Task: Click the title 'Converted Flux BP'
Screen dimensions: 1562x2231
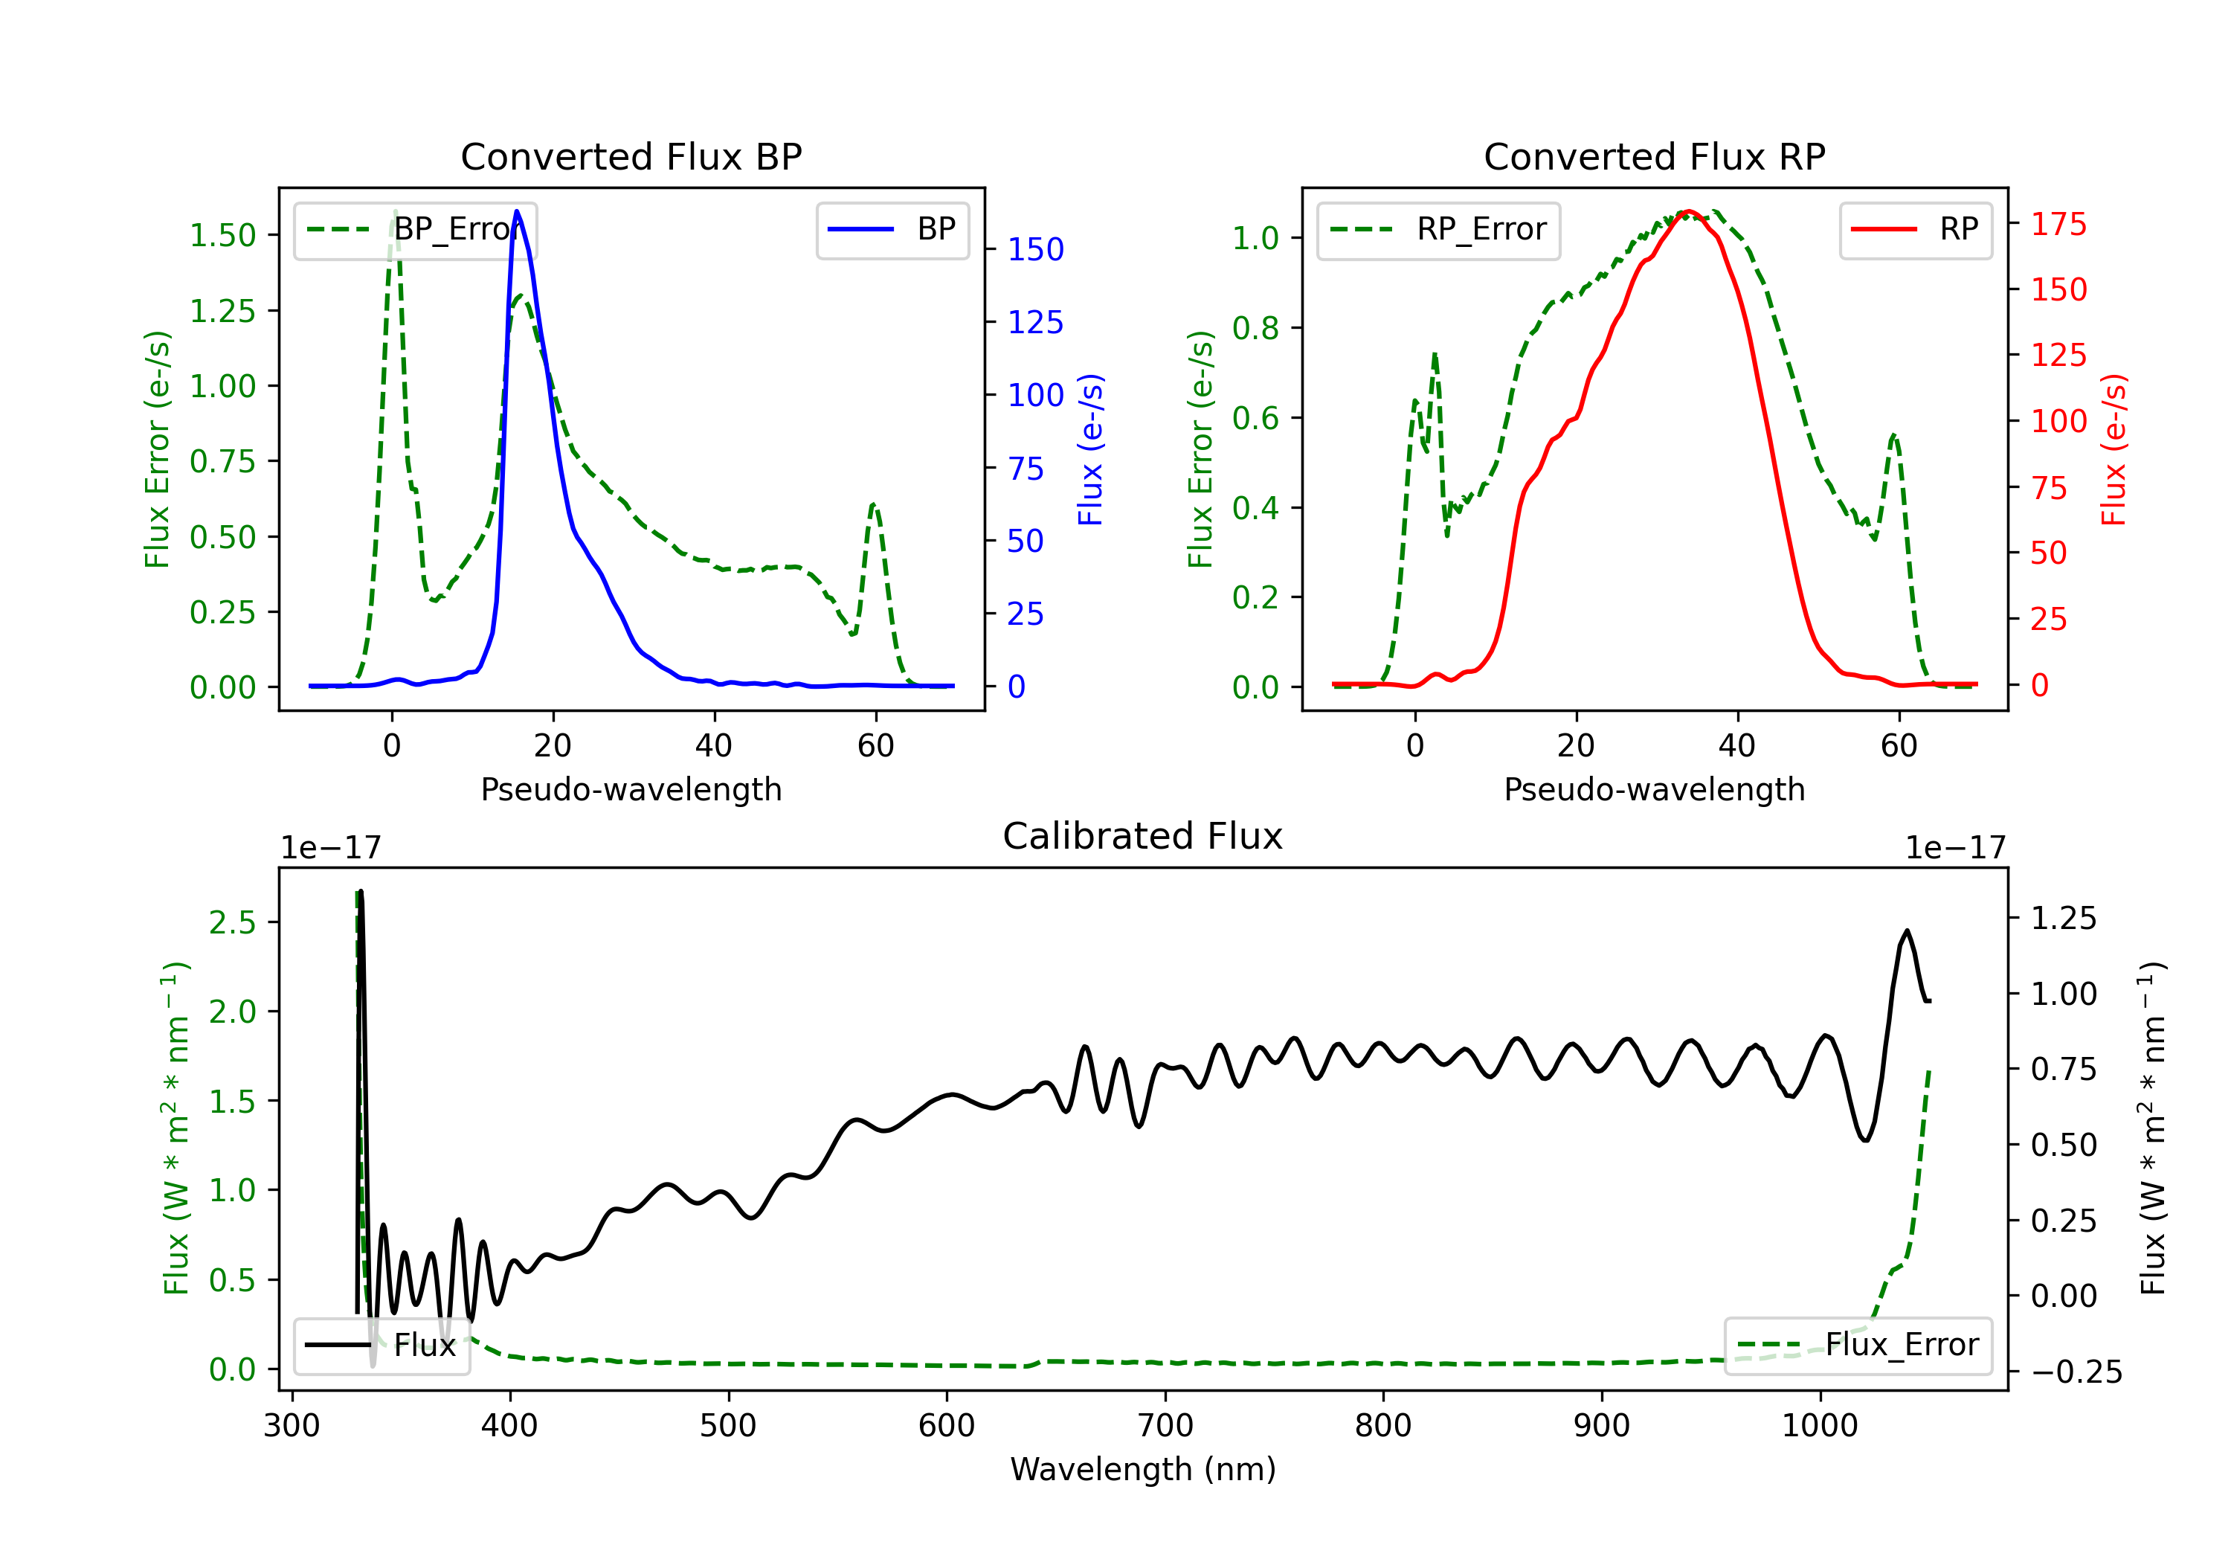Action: (631, 156)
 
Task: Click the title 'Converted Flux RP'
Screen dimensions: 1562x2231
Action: (1654, 156)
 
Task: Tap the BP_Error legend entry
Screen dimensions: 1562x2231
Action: (415, 229)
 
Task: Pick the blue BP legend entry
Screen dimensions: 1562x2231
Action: (892, 229)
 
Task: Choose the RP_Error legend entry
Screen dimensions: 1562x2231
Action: (1438, 229)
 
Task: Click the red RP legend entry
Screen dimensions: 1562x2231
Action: (1915, 229)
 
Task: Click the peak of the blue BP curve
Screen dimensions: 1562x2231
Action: (517, 211)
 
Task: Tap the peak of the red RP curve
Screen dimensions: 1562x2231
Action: (1689, 211)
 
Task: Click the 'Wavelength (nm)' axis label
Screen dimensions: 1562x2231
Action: (1143, 1469)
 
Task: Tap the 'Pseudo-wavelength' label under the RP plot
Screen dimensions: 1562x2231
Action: (1654, 789)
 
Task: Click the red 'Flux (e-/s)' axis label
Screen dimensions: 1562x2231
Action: (2114, 449)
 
